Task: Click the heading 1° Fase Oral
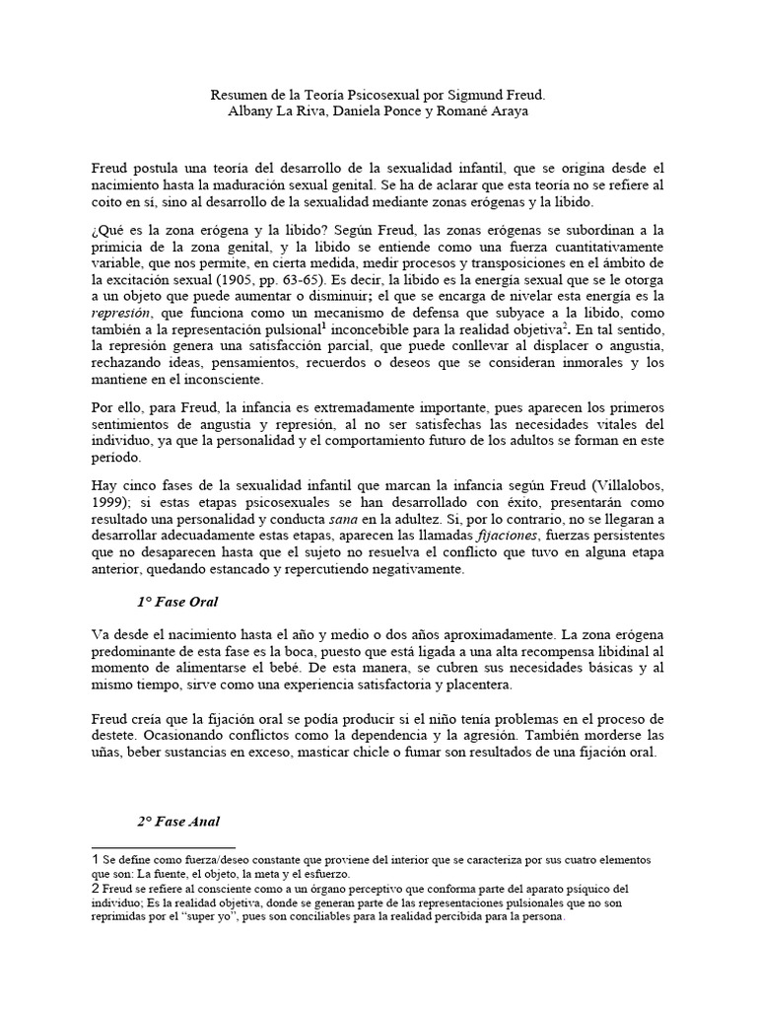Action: click(x=178, y=601)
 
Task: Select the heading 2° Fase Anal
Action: click(x=178, y=821)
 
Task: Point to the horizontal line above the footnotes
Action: click(x=163, y=847)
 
